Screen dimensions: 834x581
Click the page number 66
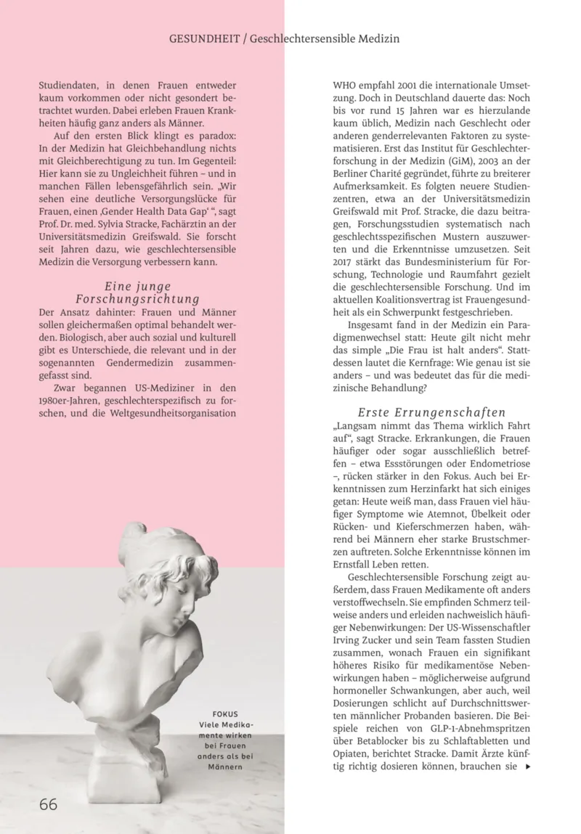[48, 804]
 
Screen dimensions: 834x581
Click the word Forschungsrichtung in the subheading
[137, 299]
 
